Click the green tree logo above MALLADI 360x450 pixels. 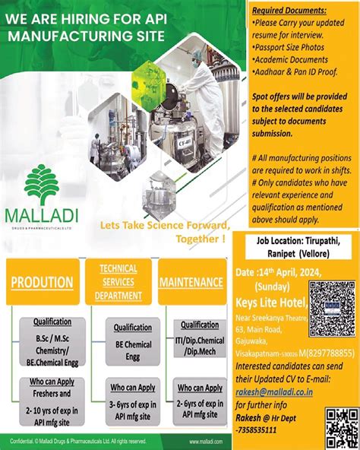[50, 183]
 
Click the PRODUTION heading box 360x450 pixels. [42, 282]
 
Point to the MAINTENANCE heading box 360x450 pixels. [191, 282]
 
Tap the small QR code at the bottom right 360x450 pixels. [341, 427]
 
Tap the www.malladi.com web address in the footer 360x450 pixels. [205, 442]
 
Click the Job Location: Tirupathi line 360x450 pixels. [295, 242]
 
